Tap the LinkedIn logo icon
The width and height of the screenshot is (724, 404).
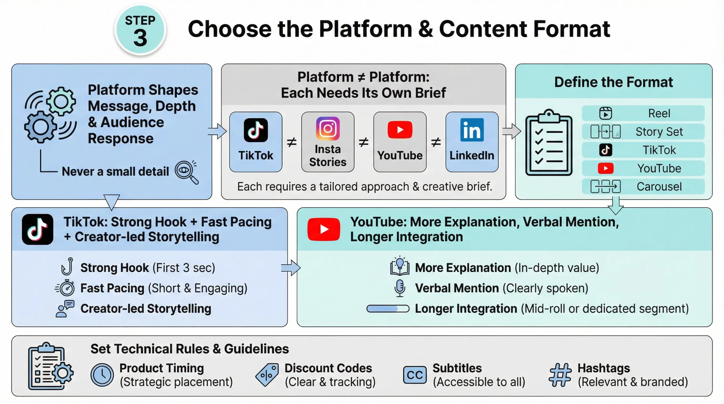472,130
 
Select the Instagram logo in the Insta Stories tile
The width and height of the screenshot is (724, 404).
328,129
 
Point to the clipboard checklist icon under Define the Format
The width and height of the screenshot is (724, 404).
549,143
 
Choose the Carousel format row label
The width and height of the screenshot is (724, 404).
659,187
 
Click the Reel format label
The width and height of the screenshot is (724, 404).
659,113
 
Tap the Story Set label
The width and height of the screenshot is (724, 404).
659,132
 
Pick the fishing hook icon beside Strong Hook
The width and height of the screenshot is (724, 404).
67,266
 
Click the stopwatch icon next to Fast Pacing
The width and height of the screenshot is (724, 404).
66,288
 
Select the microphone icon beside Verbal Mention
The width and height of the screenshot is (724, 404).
400,288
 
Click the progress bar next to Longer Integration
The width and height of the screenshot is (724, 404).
388,309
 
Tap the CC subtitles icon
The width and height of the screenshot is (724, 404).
415,375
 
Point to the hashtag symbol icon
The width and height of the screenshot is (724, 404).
560,375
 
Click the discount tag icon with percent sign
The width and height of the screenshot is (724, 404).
267,375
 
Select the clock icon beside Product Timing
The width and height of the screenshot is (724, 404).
102,375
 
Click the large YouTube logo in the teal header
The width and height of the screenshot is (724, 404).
324,229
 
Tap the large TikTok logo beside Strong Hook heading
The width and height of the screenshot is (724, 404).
38,229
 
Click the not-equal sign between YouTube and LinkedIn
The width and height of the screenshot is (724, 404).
436,142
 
